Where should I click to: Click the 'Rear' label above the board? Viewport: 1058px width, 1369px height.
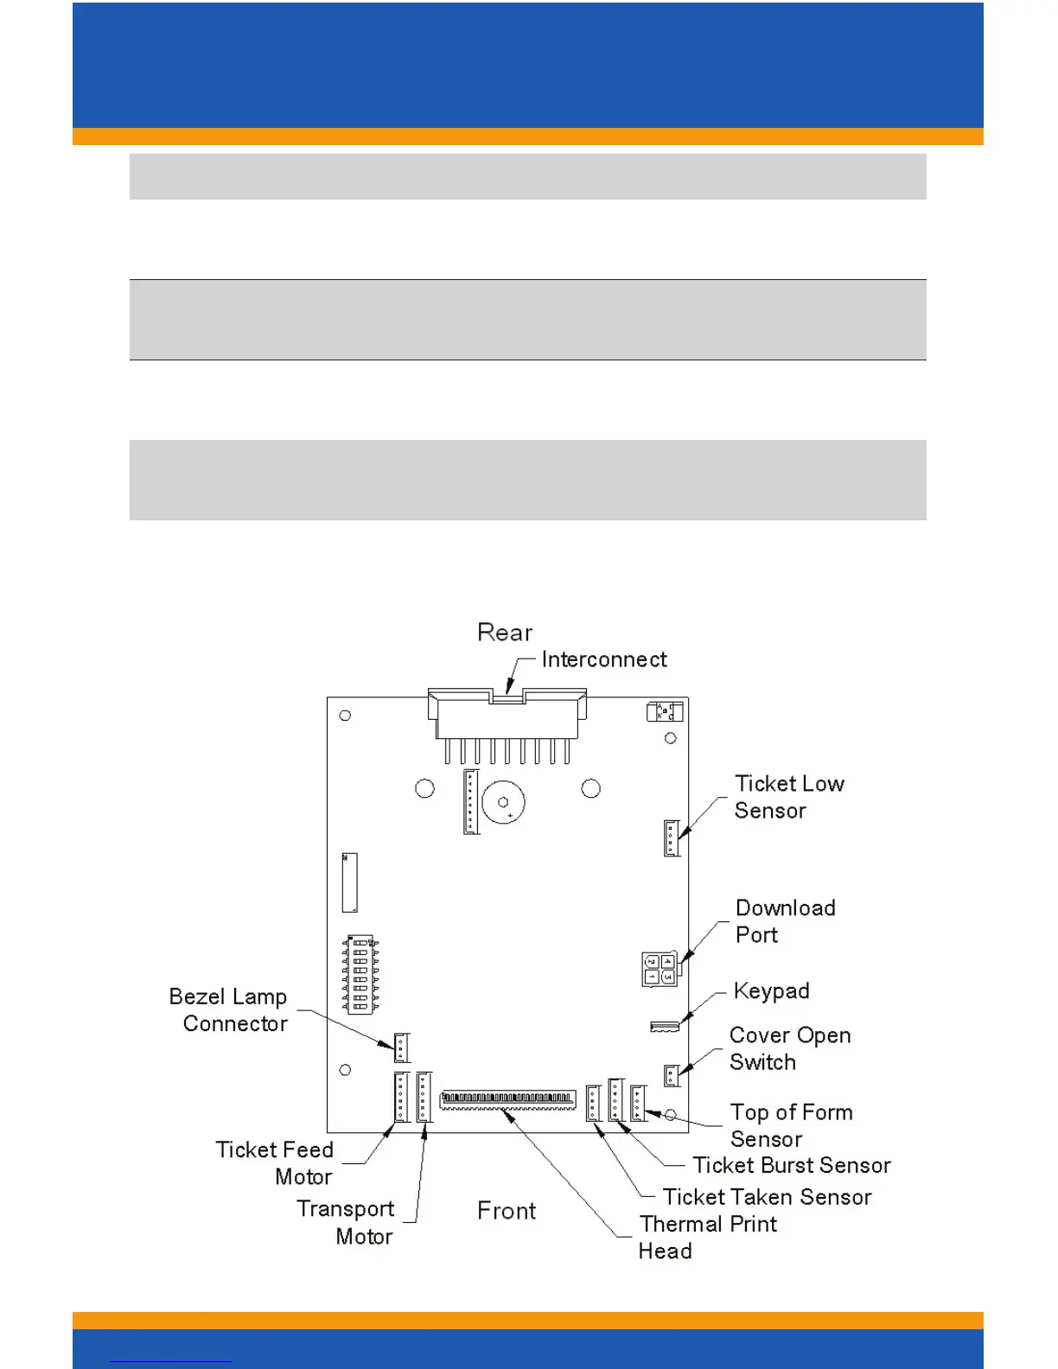505,633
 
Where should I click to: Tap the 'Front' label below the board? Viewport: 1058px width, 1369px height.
507,1211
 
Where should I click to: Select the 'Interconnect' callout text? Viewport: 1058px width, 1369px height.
604,659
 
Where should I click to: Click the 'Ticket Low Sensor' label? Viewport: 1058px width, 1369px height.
788,797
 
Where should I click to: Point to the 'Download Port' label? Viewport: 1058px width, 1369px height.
785,921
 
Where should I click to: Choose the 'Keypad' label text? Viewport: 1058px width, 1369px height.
771,990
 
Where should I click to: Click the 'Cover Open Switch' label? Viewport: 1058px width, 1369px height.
789,1048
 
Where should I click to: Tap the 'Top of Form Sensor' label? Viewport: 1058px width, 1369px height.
791,1125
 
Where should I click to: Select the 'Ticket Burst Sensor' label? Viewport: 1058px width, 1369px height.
791,1166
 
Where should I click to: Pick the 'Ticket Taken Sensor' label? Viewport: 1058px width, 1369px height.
767,1197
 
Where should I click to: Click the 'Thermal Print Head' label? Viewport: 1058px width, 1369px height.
707,1237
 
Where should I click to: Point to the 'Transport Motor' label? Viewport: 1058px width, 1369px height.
346,1222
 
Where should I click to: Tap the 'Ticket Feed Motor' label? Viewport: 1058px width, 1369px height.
275,1163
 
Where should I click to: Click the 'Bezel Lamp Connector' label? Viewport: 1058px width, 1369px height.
229,1010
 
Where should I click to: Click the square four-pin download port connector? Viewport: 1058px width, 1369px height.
660,969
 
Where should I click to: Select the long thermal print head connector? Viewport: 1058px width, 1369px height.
507,1100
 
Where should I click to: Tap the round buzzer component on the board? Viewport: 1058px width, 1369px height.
503,803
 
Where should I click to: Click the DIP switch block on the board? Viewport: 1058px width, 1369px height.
360,973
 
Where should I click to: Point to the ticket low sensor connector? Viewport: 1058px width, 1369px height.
671,837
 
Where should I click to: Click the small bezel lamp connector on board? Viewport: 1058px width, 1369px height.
401,1047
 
